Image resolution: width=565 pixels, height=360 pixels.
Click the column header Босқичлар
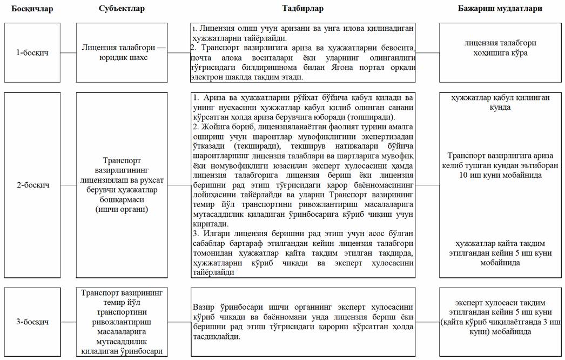click(32, 9)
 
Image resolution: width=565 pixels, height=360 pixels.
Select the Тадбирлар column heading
click(302, 9)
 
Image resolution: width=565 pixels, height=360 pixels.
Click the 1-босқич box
click(32, 52)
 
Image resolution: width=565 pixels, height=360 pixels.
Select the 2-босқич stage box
click(32, 185)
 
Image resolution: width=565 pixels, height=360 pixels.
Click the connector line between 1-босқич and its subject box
click(68, 52)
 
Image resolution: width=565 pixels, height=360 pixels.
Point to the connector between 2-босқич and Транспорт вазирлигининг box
click(68, 185)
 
